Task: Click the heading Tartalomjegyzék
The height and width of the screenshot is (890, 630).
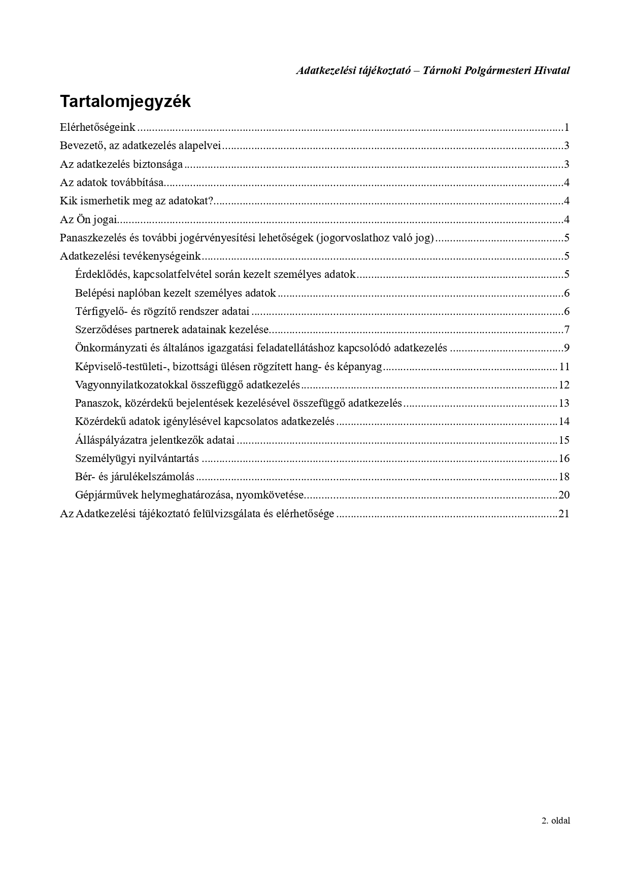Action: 125,101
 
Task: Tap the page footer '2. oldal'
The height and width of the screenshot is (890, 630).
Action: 555,821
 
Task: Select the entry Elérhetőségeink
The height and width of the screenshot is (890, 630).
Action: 97,127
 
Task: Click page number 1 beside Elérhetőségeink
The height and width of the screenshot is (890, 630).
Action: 566,127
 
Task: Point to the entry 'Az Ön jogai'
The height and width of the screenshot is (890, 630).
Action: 88,220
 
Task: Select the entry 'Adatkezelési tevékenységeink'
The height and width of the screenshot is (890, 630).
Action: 130,256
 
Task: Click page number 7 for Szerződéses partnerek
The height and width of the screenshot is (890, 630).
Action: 566,330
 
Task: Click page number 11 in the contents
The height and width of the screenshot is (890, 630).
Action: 564,367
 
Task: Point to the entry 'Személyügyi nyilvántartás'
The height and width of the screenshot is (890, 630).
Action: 137,458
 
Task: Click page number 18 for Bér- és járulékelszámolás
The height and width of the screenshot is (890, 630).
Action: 564,477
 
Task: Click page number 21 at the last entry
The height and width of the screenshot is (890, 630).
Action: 564,514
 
